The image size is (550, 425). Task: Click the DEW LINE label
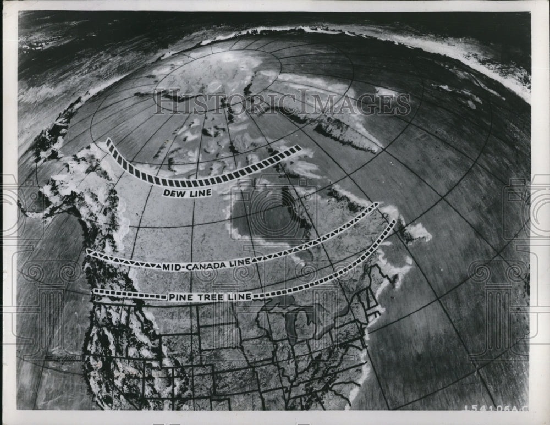pyautogui.click(x=187, y=193)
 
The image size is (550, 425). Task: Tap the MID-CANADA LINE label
pyautogui.click(x=206, y=266)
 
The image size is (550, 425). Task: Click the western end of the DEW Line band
pyautogui.click(x=109, y=142)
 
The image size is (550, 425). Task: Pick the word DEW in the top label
pyautogui.click(x=173, y=193)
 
